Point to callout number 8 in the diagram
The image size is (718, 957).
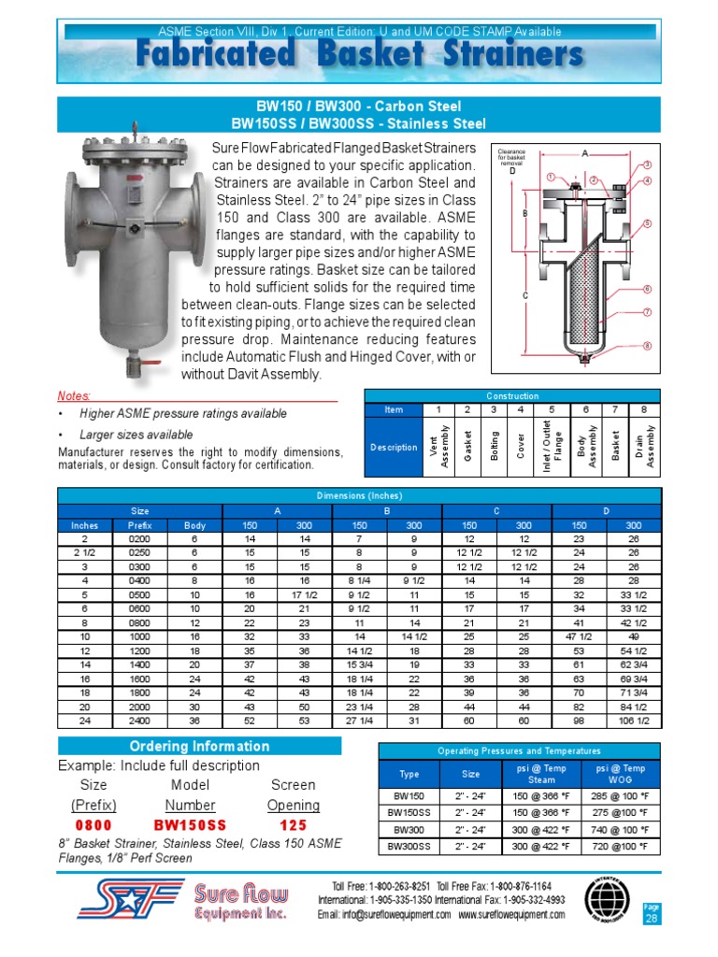tap(646, 346)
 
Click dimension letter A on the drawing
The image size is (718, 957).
tap(584, 153)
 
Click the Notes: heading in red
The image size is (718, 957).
tap(75, 396)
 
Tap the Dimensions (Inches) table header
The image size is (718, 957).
tap(359, 495)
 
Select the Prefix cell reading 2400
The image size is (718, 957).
tap(140, 721)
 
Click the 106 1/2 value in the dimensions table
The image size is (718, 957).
tap(633, 721)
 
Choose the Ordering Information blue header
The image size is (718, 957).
tap(198, 746)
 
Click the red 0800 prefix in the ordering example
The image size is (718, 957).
tap(93, 826)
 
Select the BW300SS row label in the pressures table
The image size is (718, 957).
tap(409, 846)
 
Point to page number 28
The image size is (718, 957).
tap(651, 919)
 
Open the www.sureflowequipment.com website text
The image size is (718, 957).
tap(510, 915)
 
